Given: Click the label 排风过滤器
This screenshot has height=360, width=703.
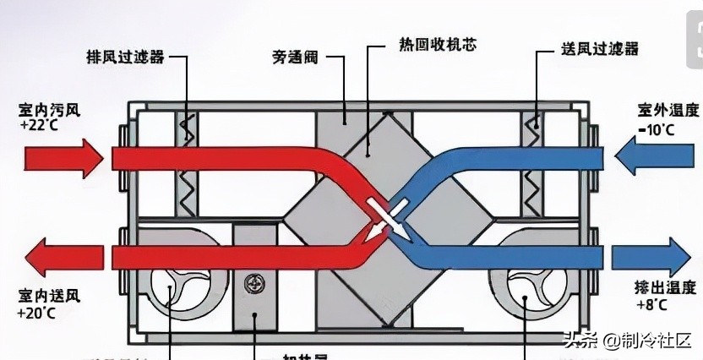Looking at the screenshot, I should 124,57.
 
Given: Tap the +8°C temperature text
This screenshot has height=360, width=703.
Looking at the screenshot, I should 654,304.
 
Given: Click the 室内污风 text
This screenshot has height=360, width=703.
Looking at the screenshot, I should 41,110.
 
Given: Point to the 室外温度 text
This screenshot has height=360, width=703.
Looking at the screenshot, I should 668,111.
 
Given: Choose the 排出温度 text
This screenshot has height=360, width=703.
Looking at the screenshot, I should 668,288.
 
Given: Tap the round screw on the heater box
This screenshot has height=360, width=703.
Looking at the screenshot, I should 251,281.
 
